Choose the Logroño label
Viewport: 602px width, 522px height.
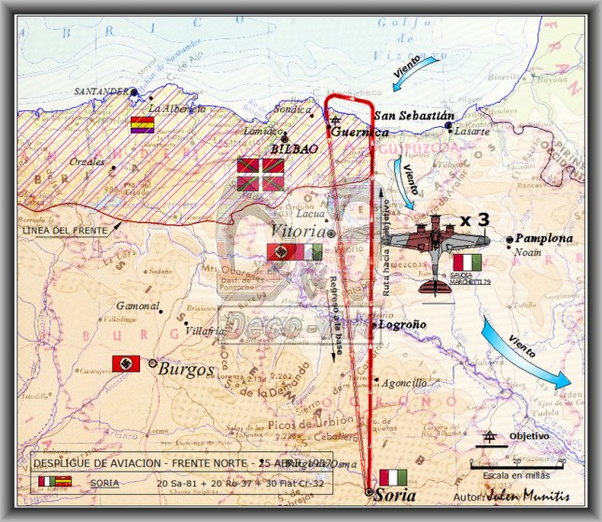[402, 326]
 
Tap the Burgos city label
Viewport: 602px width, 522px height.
[187, 369]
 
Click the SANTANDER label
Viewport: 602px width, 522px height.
[101, 92]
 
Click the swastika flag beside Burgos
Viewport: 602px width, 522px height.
[126, 363]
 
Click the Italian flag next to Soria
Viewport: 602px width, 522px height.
[392, 477]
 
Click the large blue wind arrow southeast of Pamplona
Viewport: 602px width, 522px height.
[525, 352]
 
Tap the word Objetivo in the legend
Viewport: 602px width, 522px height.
[529, 436]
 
